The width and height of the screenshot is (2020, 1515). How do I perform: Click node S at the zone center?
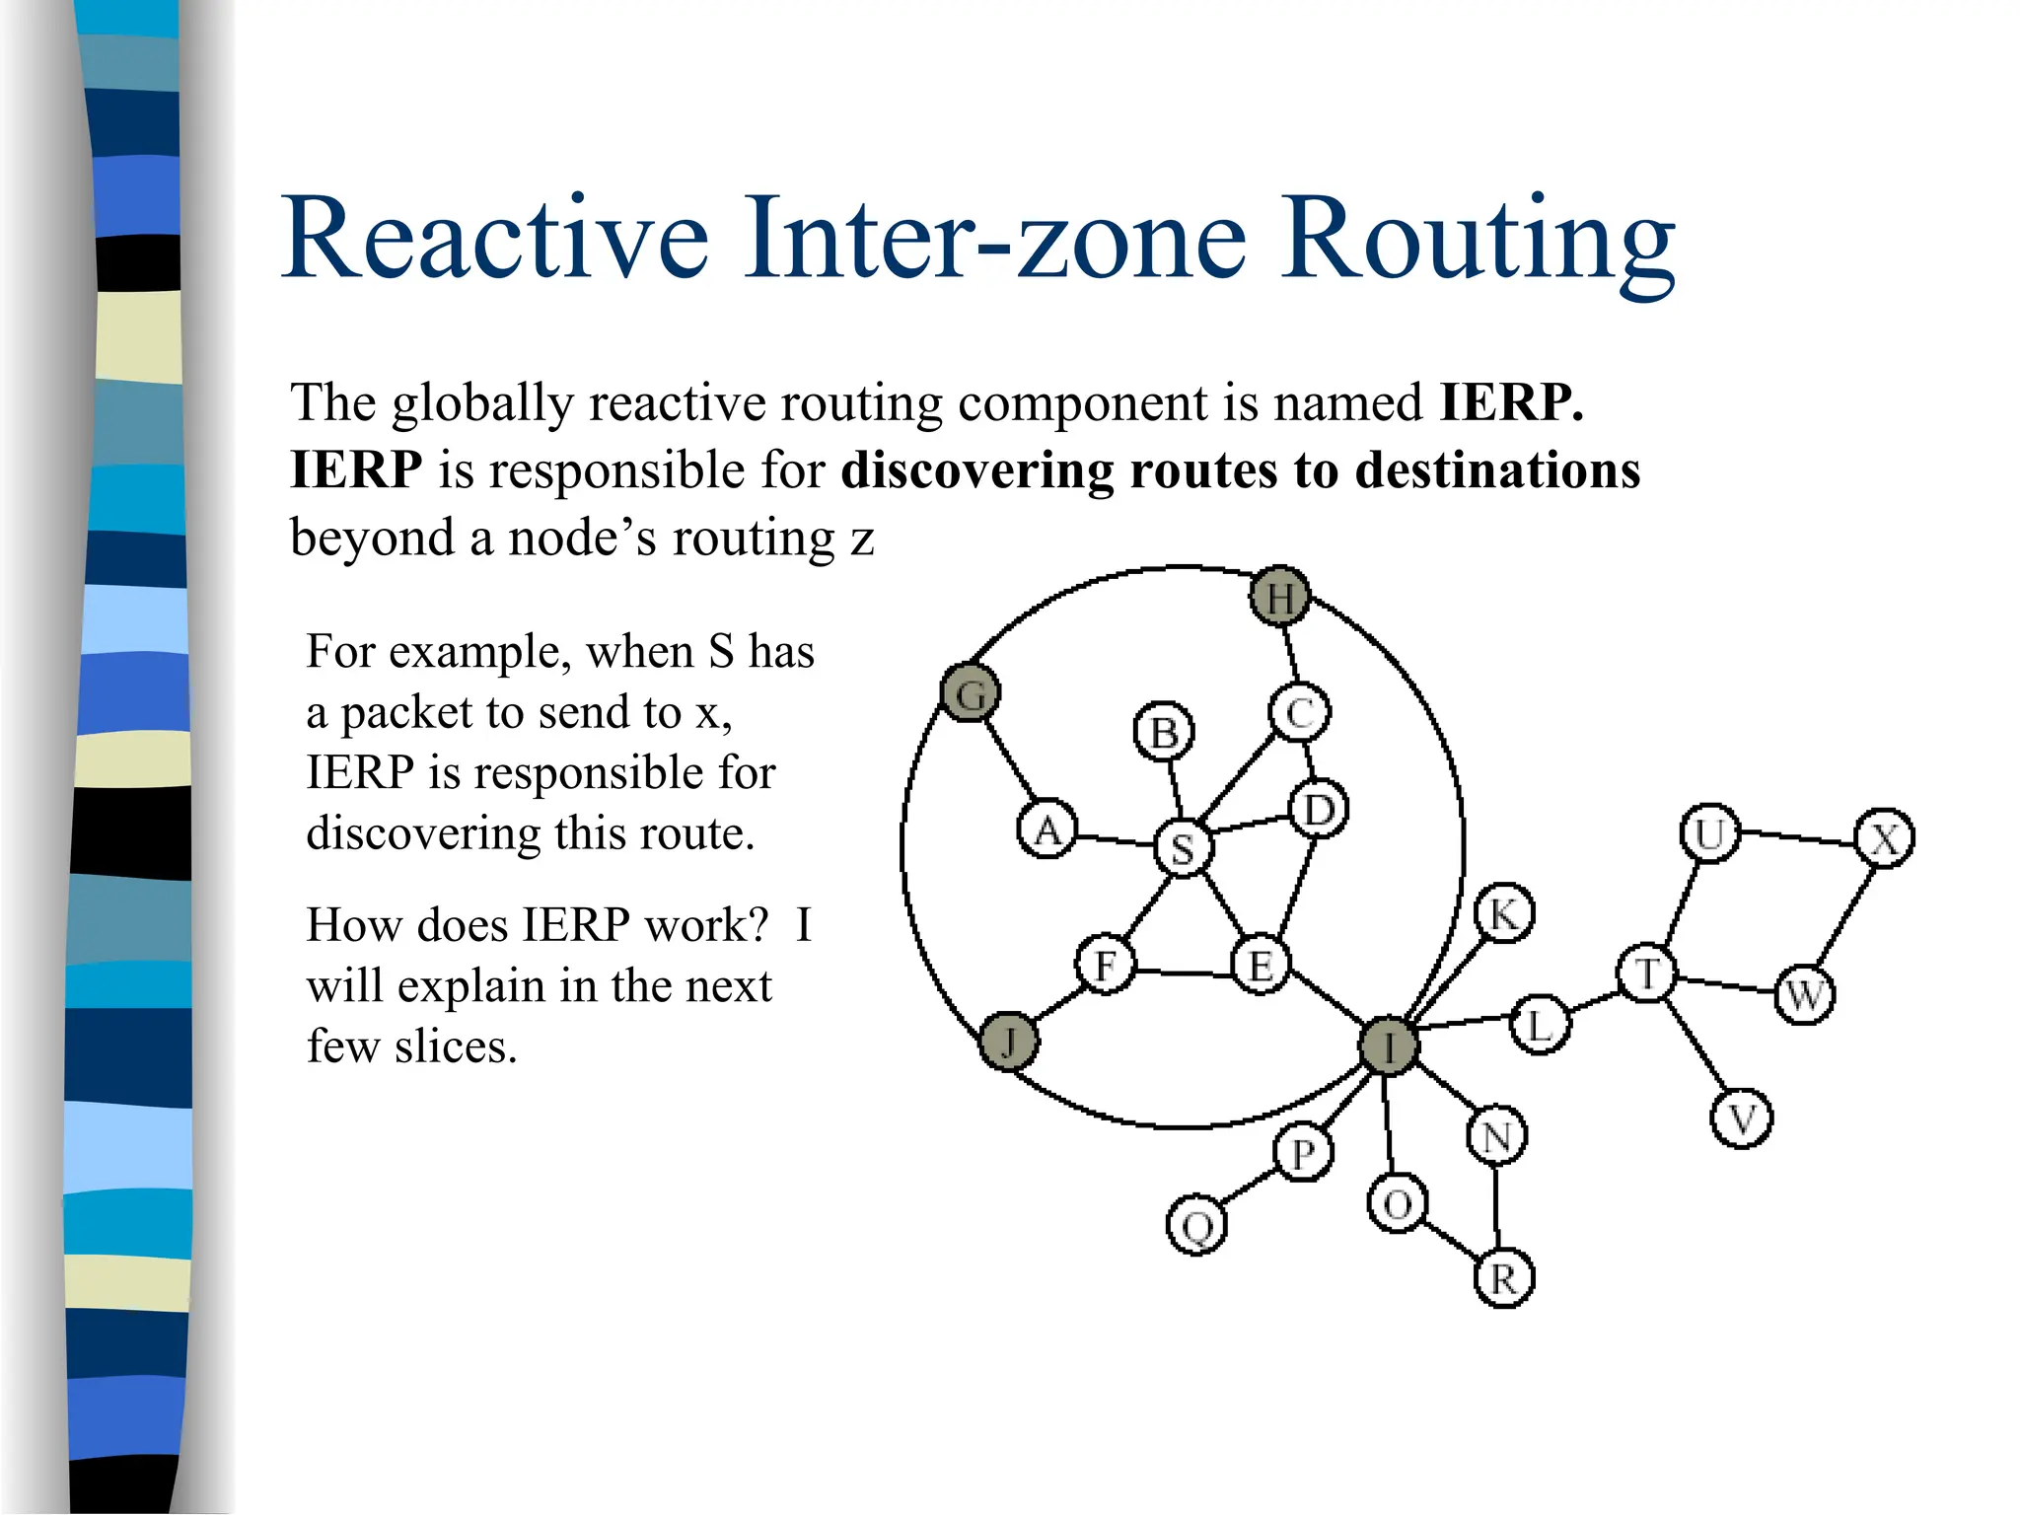pos(1183,847)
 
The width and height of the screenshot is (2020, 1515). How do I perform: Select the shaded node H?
pos(1279,597)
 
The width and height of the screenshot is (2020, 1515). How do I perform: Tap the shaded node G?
pos(971,692)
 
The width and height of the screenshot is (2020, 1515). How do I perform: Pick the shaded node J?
pos(1008,1041)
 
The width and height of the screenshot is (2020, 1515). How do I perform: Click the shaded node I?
pos(1388,1046)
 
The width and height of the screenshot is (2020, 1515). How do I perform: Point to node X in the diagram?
pos(1884,839)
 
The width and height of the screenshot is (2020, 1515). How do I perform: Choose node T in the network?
pos(1646,974)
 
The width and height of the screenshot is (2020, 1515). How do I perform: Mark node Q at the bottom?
pos(1196,1226)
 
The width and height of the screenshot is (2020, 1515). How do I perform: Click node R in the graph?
pos(1503,1278)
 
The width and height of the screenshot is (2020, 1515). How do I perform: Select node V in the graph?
pos(1742,1119)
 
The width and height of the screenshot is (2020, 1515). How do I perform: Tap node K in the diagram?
pos(1503,913)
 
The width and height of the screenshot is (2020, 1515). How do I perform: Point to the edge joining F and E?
pos(1184,973)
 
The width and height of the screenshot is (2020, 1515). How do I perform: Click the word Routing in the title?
pos(1479,240)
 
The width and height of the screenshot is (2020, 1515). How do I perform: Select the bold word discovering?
pos(976,469)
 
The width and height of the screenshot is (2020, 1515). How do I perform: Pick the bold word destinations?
pos(1497,469)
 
